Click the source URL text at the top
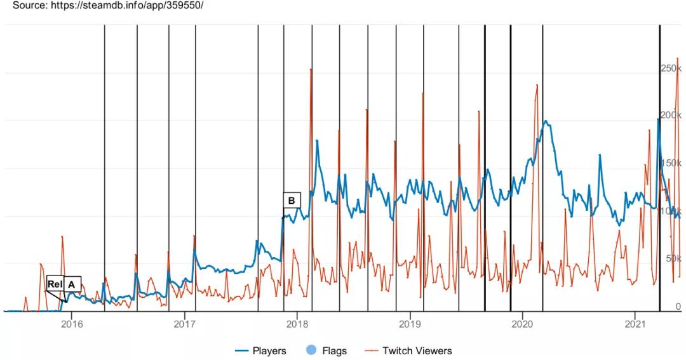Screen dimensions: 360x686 click(x=108, y=5)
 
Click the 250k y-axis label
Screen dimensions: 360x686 click(x=671, y=68)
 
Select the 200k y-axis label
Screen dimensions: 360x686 click(x=671, y=116)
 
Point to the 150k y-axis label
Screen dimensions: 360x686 click(x=671, y=163)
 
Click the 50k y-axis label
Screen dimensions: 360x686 click(x=673, y=258)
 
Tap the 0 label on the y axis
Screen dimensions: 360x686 click(x=678, y=306)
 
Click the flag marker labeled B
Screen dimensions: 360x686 click(x=292, y=201)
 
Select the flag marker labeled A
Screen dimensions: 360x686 click(x=71, y=284)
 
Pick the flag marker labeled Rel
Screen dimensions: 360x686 click(x=55, y=284)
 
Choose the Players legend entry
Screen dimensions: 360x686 click(x=260, y=350)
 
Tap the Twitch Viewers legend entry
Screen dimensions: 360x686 click(x=409, y=350)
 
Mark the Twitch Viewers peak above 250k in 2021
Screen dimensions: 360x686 click(x=678, y=59)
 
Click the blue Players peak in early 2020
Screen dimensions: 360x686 click(x=544, y=121)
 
